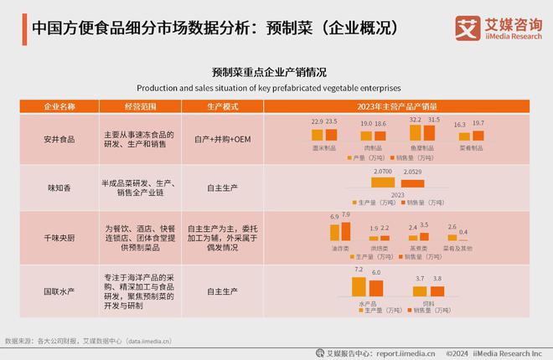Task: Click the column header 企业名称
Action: [x=59, y=107]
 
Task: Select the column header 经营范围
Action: [x=139, y=107]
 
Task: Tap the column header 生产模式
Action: [x=222, y=107]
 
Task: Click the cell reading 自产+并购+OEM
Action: [x=222, y=138]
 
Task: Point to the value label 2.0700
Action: [x=382, y=171]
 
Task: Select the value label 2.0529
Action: [x=413, y=172]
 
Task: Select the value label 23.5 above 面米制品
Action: [x=331, y=122]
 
